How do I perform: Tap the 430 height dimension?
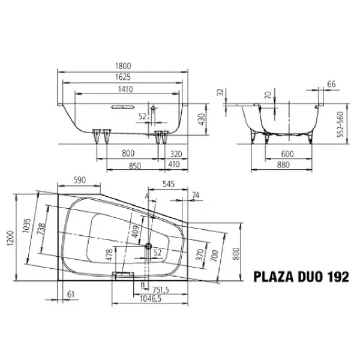[202, 122]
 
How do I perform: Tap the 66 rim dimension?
[331, 84]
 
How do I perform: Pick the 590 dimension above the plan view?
[81, 180]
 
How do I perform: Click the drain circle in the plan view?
[148, 244]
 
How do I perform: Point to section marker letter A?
[146, 195]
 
